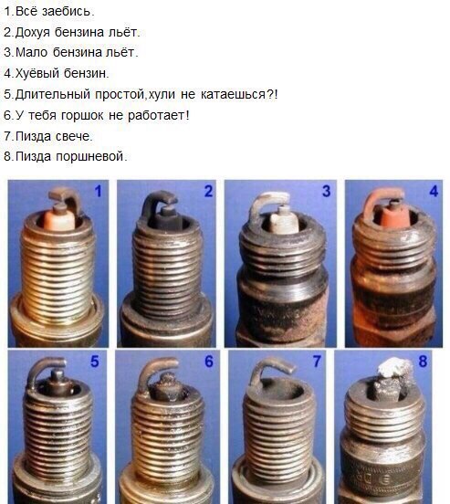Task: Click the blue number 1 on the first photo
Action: (99, 191)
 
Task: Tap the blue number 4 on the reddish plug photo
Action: (434, 191)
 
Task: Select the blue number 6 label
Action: (209, 362)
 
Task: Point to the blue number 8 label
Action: (423, 362)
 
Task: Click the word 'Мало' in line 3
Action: (31, 52)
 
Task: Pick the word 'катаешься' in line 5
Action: (233, 95)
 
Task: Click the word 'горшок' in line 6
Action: (82, 116)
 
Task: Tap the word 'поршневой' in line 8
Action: (89, 157)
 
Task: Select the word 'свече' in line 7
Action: (72, 136)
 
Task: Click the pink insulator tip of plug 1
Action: (59, 218)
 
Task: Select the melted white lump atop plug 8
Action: (394, 367)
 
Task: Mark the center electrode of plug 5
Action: (58, 378)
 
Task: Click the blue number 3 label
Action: (326, 191)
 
